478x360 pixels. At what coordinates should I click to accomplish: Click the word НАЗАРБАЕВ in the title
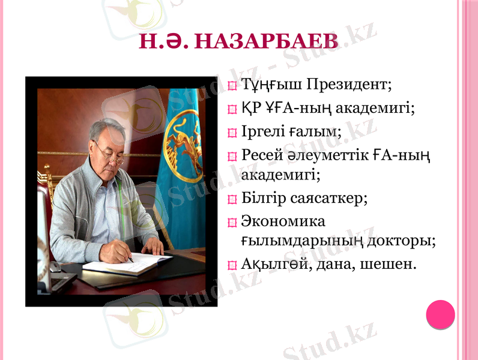(x=267, y=41)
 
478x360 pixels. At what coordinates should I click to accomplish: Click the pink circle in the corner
(x=440, y=314)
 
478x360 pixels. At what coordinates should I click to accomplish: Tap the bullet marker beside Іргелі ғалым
(x=233, y=133)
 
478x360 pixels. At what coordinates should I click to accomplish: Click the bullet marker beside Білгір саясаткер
(x=233, y=199)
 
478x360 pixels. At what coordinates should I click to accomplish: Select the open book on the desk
(x=126, y=263)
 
